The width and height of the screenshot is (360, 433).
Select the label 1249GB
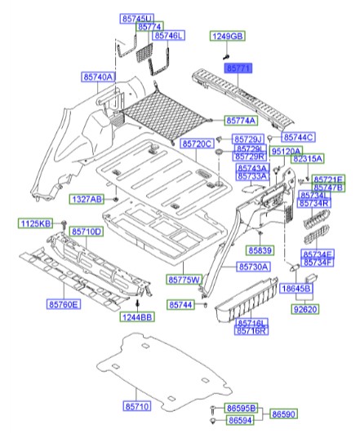tap(228, 37)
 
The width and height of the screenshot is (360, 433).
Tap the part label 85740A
tap(98, 77)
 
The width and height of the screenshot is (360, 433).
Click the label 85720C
tap(197, 144)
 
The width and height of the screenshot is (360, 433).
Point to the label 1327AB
tap(86, 199)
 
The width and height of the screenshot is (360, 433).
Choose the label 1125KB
tap(35, 223)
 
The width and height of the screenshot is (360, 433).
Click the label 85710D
tap(87, 232)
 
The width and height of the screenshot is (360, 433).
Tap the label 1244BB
tap(137, 317)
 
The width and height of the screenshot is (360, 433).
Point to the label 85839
tap(260, 250)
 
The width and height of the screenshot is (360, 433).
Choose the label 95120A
tap(286, 152)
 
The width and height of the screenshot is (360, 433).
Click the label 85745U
tap(136, 18)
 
